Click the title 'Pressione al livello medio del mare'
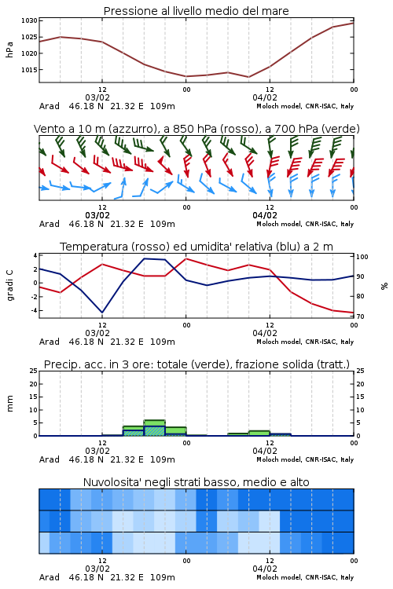pyautogui.click(x=196, y=11)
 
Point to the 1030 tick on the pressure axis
pyautogui.click(x=29, y=20)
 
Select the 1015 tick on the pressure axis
pyautogui.click(x=29, y=69)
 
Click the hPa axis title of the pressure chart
pyautogui.click(x=9, y=49)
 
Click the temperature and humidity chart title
pyautogui.click(x=196, y=247)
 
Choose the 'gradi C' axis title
pyautogui.click(x=10, y=285)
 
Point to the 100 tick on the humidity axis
pyautogui.click(x=362, y=257)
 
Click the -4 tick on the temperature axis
pyautogui.click(x=34, y=310)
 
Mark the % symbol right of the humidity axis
pyautogui.click(x=384, y=286)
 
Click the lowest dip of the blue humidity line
pyautogui.click(x=102, y=313)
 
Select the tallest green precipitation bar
pyautogui.click(x=155, y=428)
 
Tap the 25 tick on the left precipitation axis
pyautogui.click(x=34, y=371)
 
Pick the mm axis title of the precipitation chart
pyautogui.click(x=9, y=404)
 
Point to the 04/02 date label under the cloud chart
pyautogui.click(x=265, y=569)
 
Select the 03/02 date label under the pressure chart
pyautogui.click(x=97, y=97)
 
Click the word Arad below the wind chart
pyautogui.click(x=50, y=224)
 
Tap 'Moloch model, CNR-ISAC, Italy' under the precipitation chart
pyautogui.click(x=305, y=459)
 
